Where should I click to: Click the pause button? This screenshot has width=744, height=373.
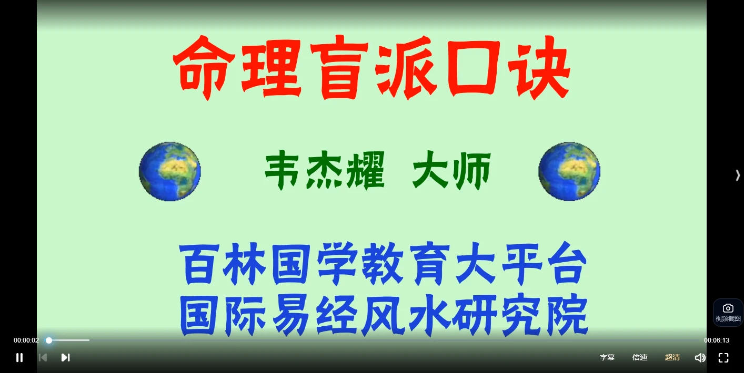19,358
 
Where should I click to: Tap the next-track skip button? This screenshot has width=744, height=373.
65,358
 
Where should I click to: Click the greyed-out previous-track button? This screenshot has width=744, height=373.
43,358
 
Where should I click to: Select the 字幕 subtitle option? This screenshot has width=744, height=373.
607,357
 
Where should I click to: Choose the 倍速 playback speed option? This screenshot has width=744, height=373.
640,357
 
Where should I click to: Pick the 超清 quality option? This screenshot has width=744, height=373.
672,357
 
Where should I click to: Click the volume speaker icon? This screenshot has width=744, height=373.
700,358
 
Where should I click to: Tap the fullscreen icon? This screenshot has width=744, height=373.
723,358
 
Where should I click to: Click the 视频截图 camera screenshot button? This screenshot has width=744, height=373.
728,313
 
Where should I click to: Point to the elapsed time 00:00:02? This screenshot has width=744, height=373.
26,340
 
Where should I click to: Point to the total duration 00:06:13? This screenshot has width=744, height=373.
717,340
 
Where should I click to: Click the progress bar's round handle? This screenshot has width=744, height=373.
49,340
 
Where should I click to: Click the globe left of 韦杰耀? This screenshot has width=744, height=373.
169,171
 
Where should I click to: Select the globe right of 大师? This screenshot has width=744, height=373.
569,171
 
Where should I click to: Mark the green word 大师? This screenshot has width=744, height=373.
451,170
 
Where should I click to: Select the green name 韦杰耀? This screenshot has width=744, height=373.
325,170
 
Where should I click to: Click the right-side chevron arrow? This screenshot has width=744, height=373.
738,175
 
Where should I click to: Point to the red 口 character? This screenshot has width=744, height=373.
472,68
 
